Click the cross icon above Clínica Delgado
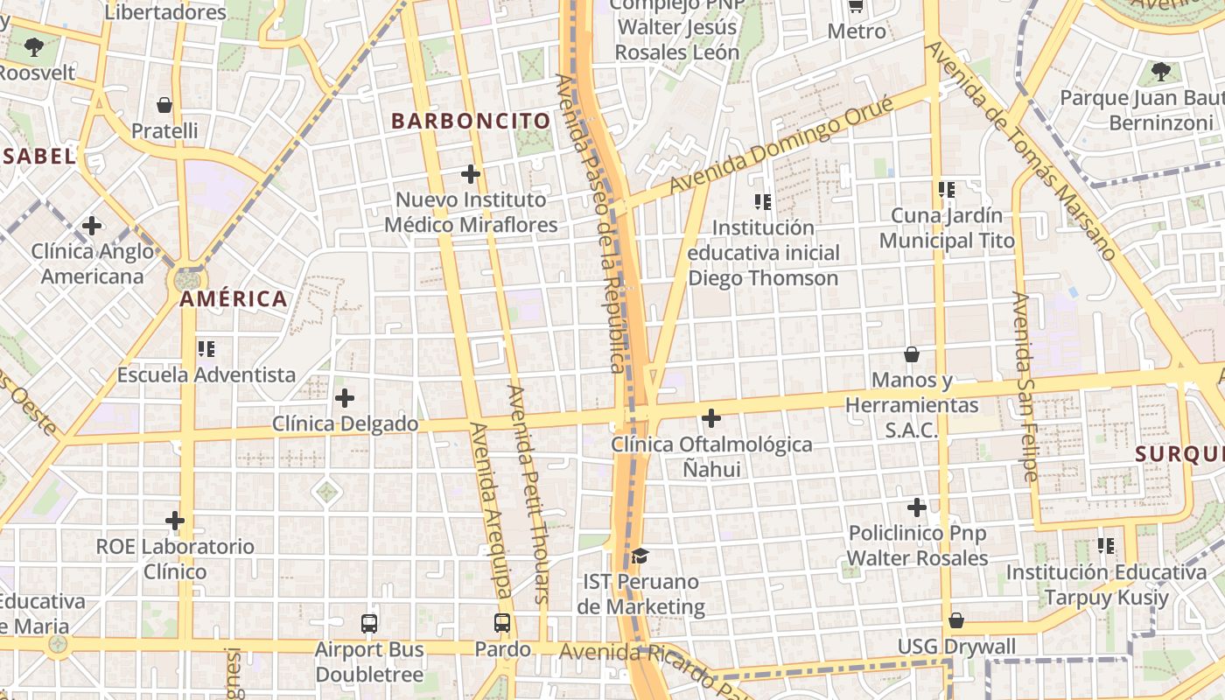(345, 398)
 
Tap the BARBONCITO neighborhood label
(471, 121)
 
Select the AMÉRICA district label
(234, 299)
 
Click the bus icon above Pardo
(502, 623)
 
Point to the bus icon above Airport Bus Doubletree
(369, 623)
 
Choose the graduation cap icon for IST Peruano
(640, 556)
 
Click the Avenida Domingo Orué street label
(781, 146)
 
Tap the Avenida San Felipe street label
(1025, 386)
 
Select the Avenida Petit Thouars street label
(528, 494)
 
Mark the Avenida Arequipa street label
(491, 512)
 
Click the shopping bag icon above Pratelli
(164, 105)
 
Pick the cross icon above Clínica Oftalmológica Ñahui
(711, 418)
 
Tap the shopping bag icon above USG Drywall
(956, 620)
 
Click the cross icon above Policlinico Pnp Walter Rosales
(916, 507)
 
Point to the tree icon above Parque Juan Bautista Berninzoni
(1161, 71)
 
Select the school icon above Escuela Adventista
(206, 349)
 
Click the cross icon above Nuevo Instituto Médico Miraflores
(471, 173)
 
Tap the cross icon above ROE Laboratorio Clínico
(175, 521)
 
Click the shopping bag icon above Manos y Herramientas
(912, 354)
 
